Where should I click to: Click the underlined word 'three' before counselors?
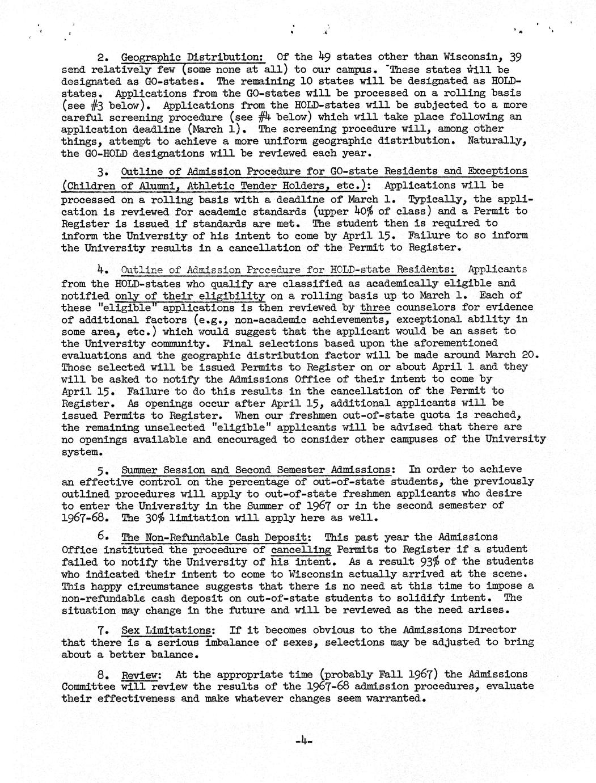[x=375, y=308]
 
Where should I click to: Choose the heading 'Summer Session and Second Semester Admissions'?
[x=256, y=470]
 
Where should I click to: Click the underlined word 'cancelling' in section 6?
[x=301, y=549]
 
